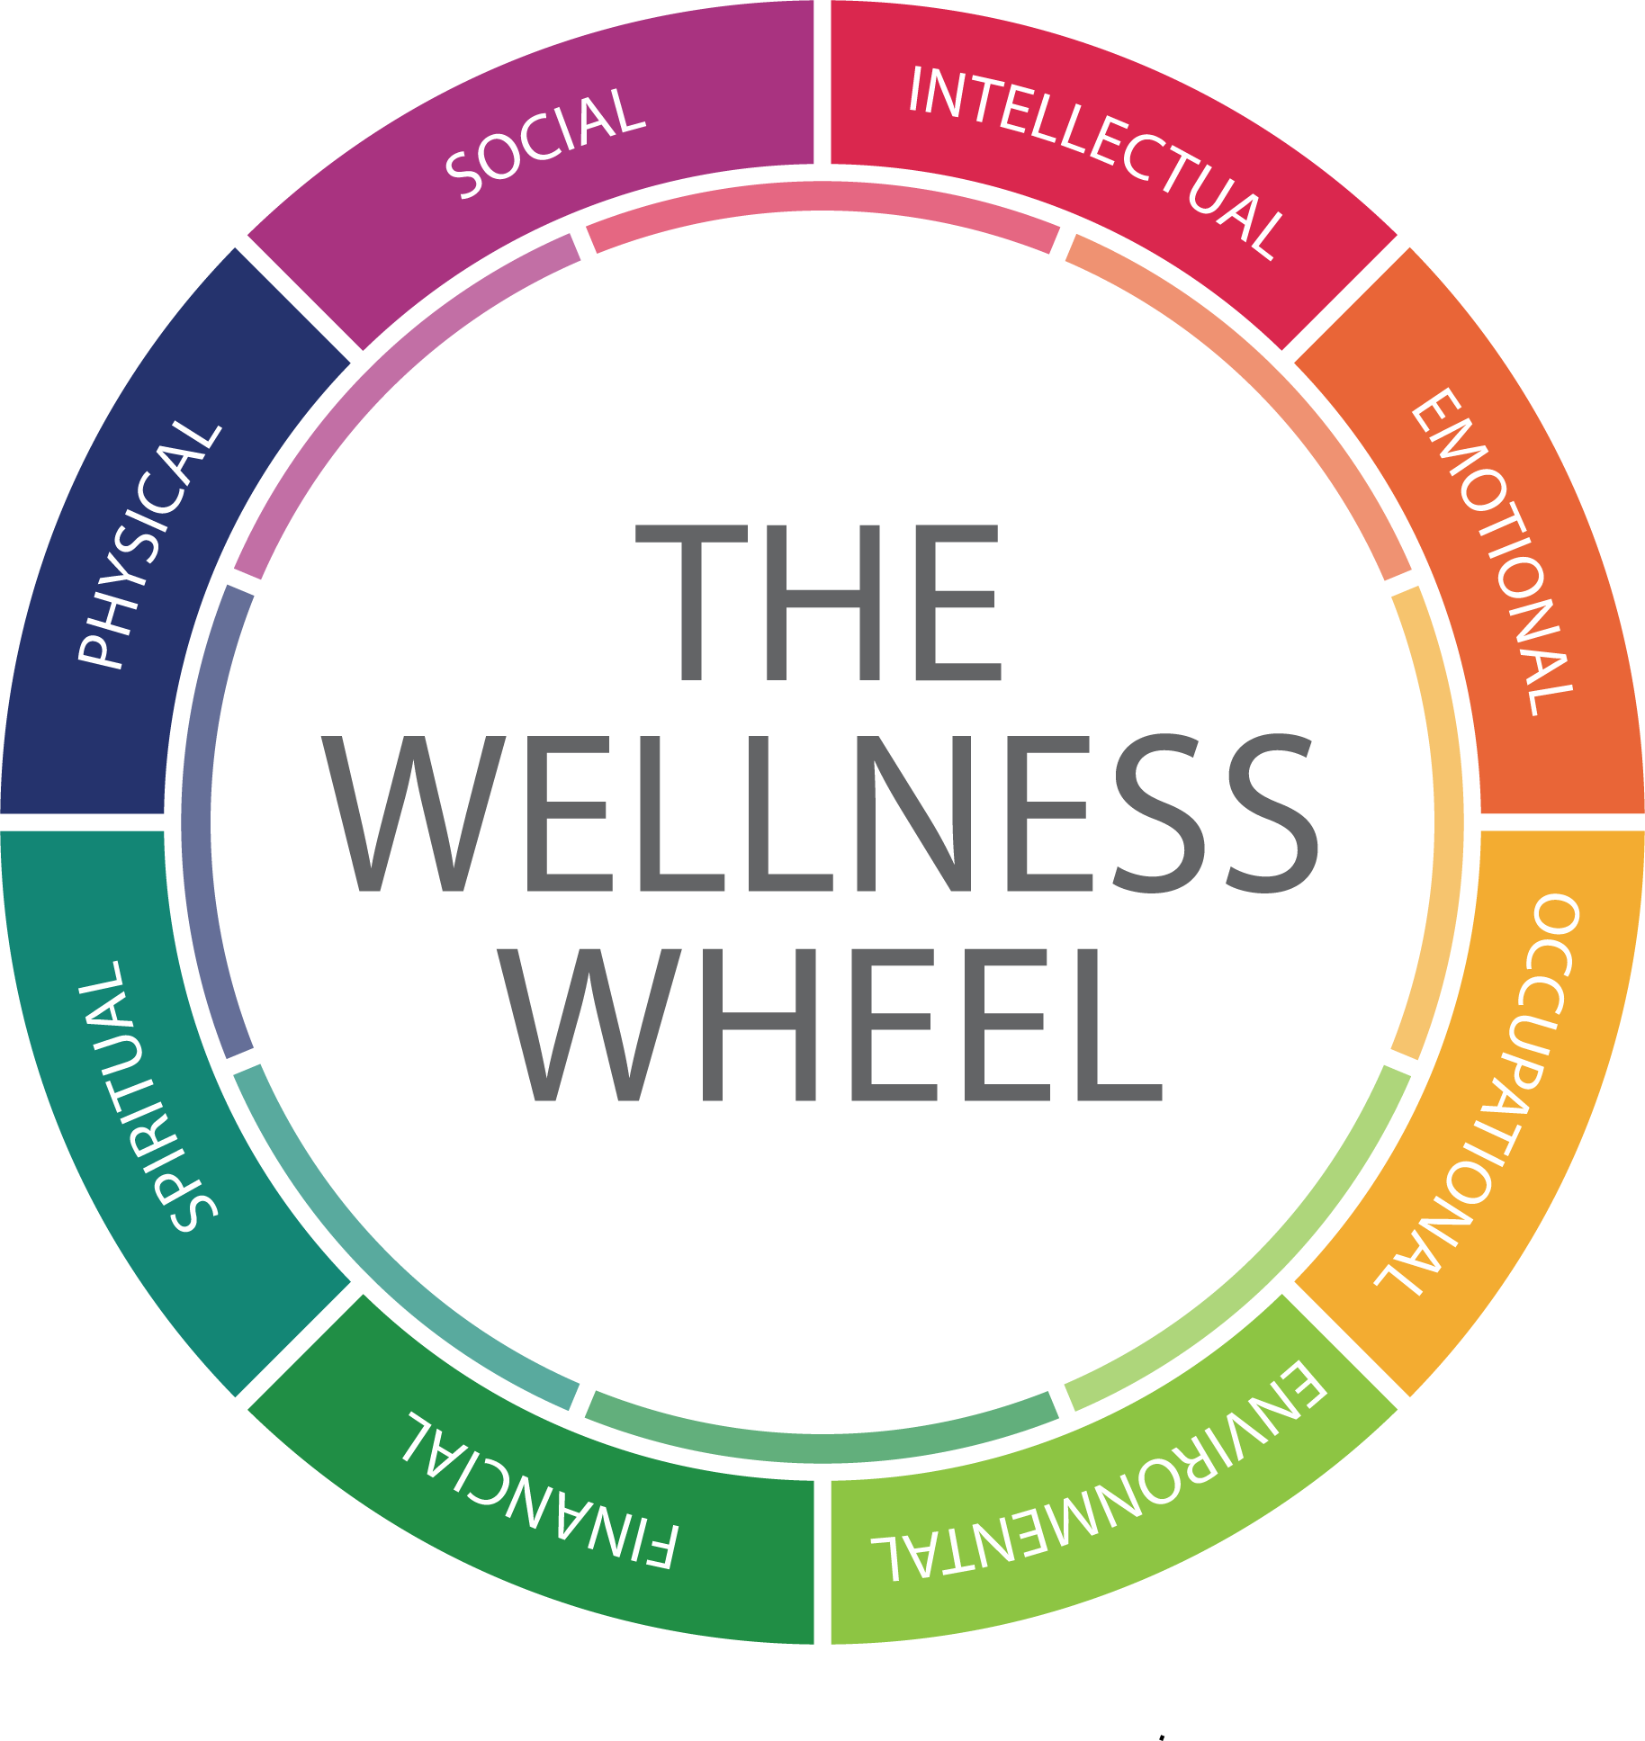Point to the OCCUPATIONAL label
[1485, 1093]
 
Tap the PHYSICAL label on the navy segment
[149, 543]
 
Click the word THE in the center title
[819, 602]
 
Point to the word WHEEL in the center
[831, 1025]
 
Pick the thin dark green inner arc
[822, 1446]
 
